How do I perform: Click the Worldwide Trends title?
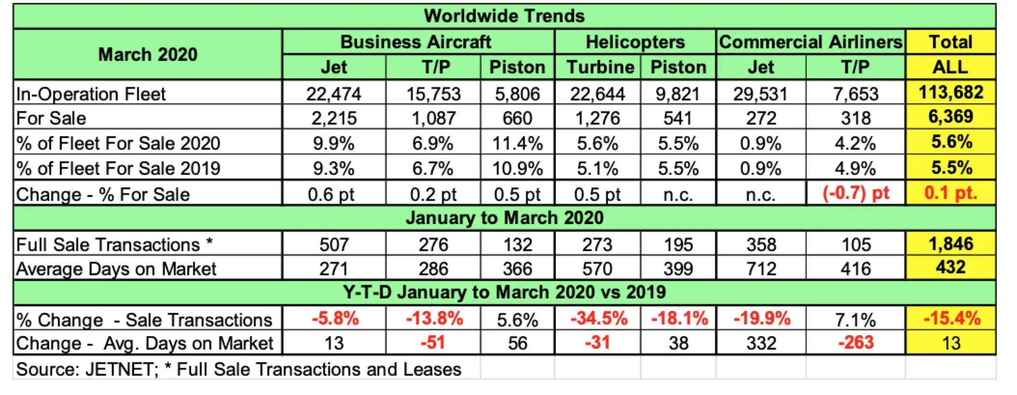click(x=504, y=16)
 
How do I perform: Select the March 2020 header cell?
click(x=148, y=54)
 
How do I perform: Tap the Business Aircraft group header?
click(x=416, y=42)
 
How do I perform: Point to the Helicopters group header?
click(x=635, y=42)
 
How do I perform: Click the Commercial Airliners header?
click(x=811, y=42)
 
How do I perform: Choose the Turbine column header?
click(x=600, y=67)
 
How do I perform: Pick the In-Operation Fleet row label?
click(x=91, y=94)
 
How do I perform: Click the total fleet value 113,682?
click(x=950, y=92)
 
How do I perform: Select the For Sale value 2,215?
click(x=334, y=118)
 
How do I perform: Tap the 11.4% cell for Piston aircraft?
click(x=517, y=143)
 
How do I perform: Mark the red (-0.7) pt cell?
click(x=856, y=193)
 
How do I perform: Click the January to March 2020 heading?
click(x=504, y=218)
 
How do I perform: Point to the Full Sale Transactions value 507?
click(x=334, y=244)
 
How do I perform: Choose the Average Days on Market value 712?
click(x=761, y=269)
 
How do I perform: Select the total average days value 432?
click(x=950, y=267)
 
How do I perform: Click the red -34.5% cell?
click(x=599, y=319)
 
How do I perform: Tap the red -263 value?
click(x=856, y=343)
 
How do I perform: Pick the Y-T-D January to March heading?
click(x=504, y=292)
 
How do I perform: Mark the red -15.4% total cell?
click(x=951, y=319)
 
